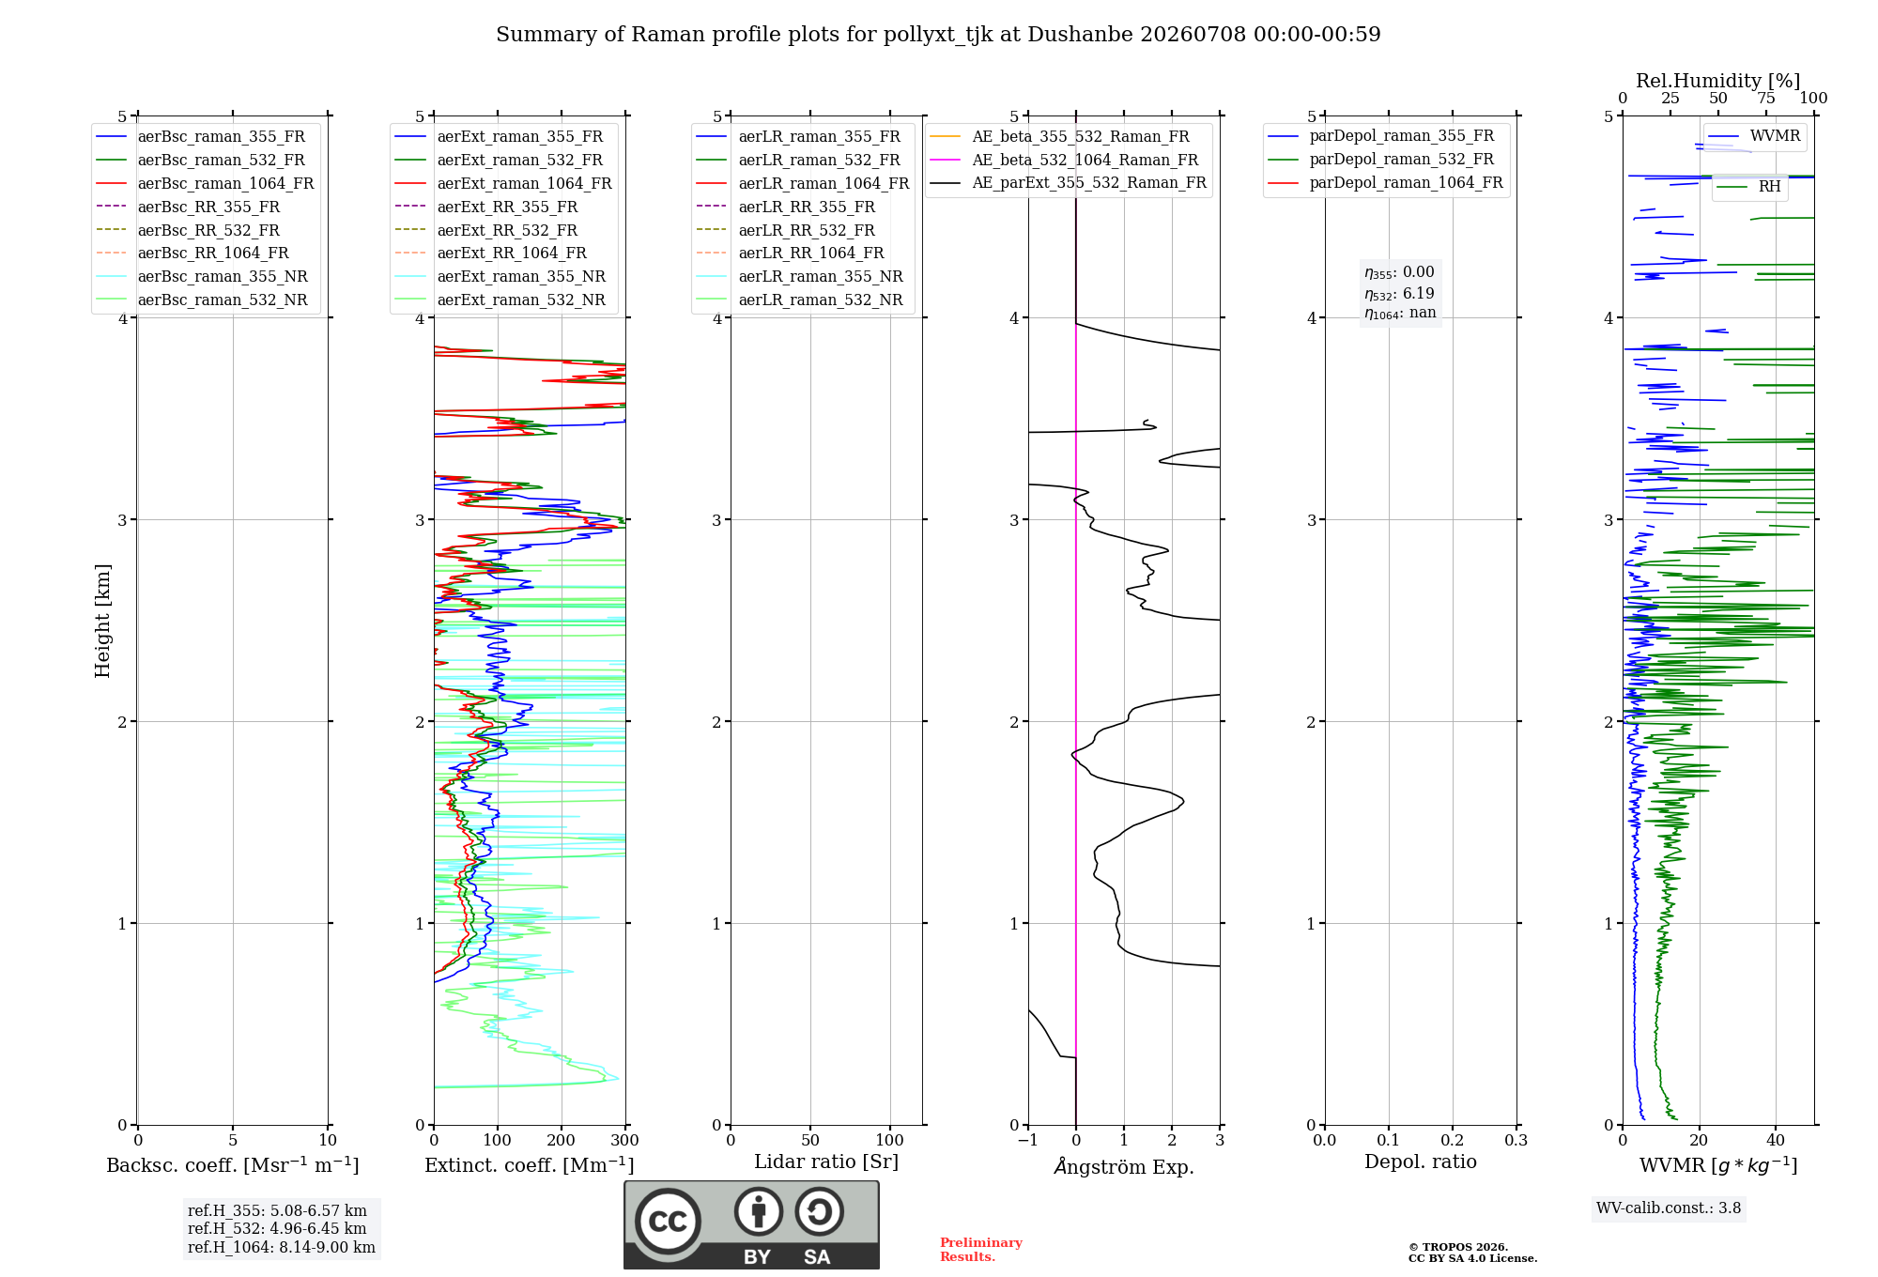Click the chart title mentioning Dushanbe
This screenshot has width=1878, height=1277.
[x=938, y=35]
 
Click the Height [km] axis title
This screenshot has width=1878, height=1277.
[x=102, y=621]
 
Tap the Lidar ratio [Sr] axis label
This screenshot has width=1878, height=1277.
[x=826, y=1162]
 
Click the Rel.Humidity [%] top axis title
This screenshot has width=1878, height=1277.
[x=1718, y=81]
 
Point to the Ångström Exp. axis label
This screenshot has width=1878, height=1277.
[x=1124, y=1166]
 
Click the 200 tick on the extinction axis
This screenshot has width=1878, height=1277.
[x=561, y=1141]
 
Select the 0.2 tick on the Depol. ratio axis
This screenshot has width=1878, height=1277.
[x=1453, y=1141]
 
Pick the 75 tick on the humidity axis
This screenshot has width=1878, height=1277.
[x=1766, y=99]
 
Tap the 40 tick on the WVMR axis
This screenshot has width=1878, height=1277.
[x=1776, y=1141]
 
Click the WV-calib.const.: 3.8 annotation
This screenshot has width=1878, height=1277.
[x=1669, y=1208]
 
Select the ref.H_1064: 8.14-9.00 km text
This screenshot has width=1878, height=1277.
[x=282, y=1248]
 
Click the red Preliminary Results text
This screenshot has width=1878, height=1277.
[x=981, y=1250]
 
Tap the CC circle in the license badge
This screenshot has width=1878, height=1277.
[x=668, y=1222]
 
